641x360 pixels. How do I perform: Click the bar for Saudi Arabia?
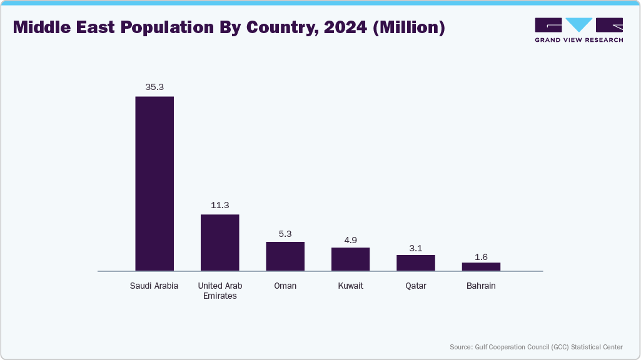point(154,184)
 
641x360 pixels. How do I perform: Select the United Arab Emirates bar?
point(220,242)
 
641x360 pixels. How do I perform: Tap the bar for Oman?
point(285,256)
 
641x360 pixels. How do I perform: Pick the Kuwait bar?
point(350,259)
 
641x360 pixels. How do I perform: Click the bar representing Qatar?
point(415,263)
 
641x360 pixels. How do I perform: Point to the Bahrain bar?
point(481,267)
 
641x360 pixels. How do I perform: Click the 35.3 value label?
point(154,87)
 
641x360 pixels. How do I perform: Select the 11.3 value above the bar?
point(220,205)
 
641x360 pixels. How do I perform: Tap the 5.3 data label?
point(285,233)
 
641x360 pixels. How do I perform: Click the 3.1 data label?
point(415,248)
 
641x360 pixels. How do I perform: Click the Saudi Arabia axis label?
point(154,286)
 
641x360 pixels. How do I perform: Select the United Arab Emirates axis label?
point(220,291)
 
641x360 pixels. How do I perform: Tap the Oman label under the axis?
point(285,286)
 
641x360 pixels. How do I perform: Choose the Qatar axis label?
point(415,286)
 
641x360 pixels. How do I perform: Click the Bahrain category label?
point(481,286)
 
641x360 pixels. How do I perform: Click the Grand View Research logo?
point(578,30)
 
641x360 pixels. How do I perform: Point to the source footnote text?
point(536,347)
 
